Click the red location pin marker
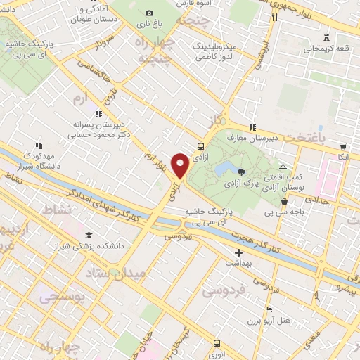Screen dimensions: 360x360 click(181, 165)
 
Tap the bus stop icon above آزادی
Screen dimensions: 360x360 click(201, 147)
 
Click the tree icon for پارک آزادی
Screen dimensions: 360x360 click(242, 172)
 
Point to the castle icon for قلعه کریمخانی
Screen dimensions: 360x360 click(325, 37)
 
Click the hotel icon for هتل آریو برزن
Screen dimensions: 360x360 click(269, 309)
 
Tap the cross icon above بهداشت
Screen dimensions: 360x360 click(238, 252)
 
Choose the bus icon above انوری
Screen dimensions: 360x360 click(216, 344)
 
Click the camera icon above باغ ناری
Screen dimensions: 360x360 click(149, 13)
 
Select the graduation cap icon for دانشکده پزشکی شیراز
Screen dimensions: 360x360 click(89, 236)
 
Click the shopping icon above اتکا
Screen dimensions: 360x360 click(342, 148)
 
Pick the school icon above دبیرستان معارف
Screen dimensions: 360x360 click(252, 127)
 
